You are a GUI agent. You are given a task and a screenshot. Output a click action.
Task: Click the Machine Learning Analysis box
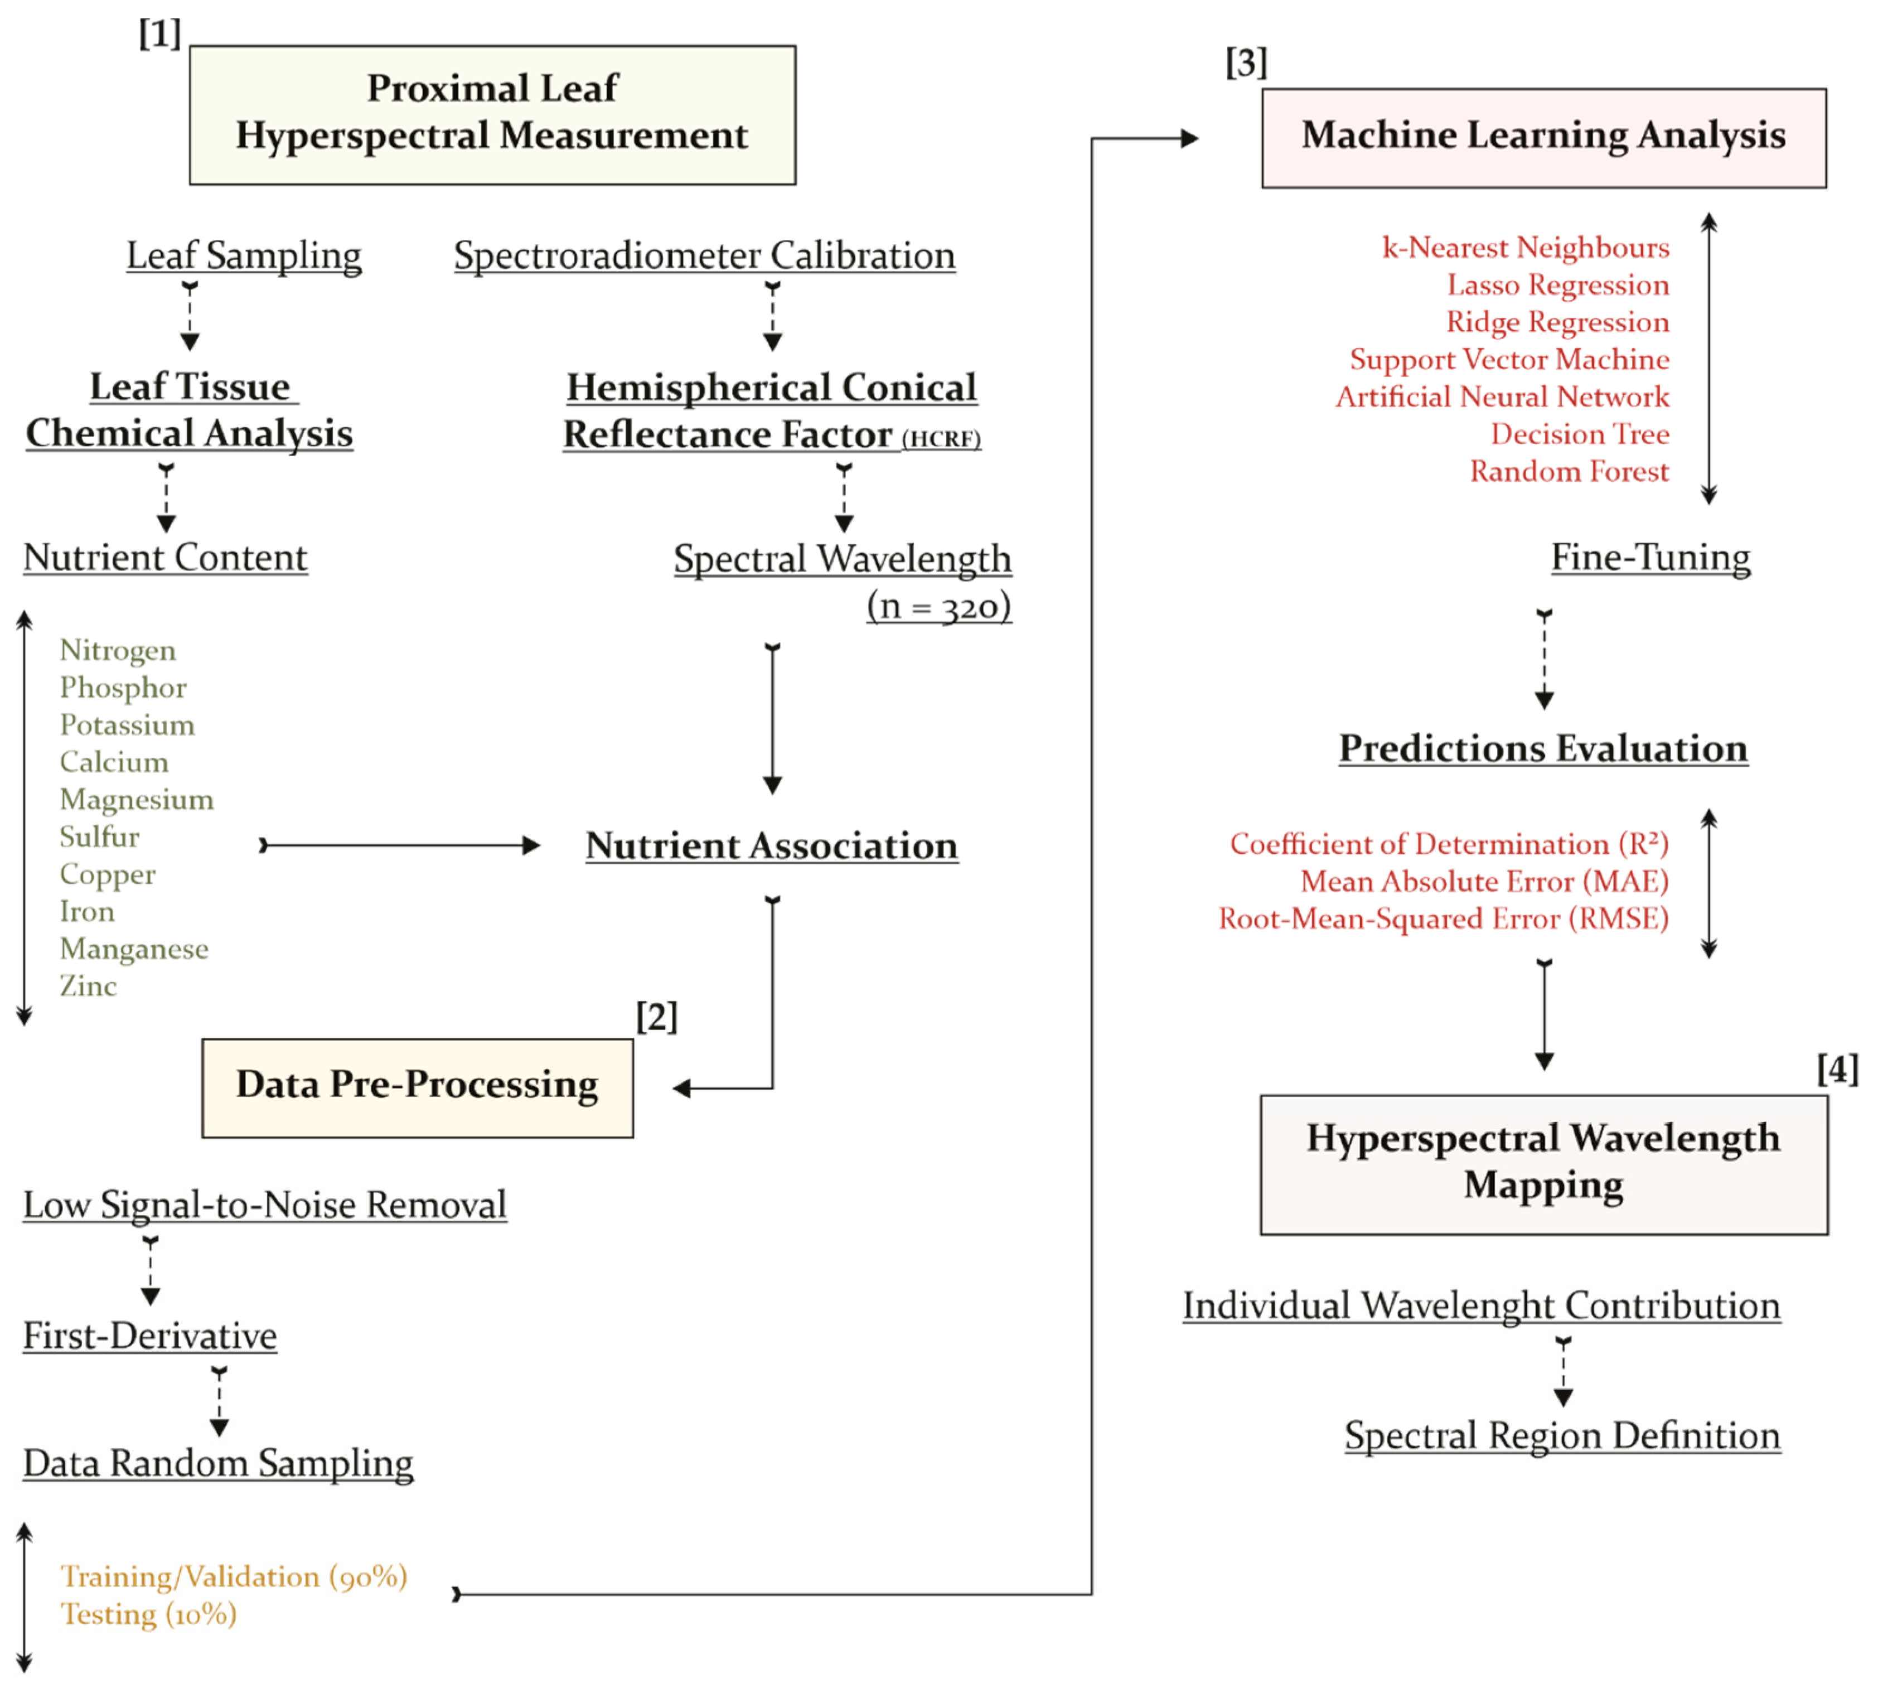[1543, 137]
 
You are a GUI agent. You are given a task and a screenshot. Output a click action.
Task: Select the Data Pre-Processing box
[417, 1087]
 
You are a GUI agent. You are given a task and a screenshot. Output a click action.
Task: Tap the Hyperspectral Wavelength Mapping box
[1543, 1164]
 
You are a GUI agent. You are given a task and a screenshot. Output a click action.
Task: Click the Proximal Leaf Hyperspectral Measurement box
[492, 114]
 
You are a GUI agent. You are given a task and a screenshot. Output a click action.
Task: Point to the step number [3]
[1246, 63]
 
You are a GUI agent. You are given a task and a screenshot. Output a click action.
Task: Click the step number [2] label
[657, 1018]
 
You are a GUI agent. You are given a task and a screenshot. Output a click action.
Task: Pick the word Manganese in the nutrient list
[134, 949]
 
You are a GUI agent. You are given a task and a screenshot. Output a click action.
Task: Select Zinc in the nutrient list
[88, 986]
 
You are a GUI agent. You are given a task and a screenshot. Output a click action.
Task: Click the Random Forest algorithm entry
[1569, 471]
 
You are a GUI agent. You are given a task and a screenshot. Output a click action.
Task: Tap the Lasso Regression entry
[1558, 285]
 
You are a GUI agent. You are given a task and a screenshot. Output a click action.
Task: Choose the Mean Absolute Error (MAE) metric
[1484, 881]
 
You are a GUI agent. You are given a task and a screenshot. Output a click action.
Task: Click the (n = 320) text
[938, 607]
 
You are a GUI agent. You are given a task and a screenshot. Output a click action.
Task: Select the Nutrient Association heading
[772, 846]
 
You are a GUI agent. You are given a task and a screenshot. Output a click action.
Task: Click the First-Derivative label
[150, 1336]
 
